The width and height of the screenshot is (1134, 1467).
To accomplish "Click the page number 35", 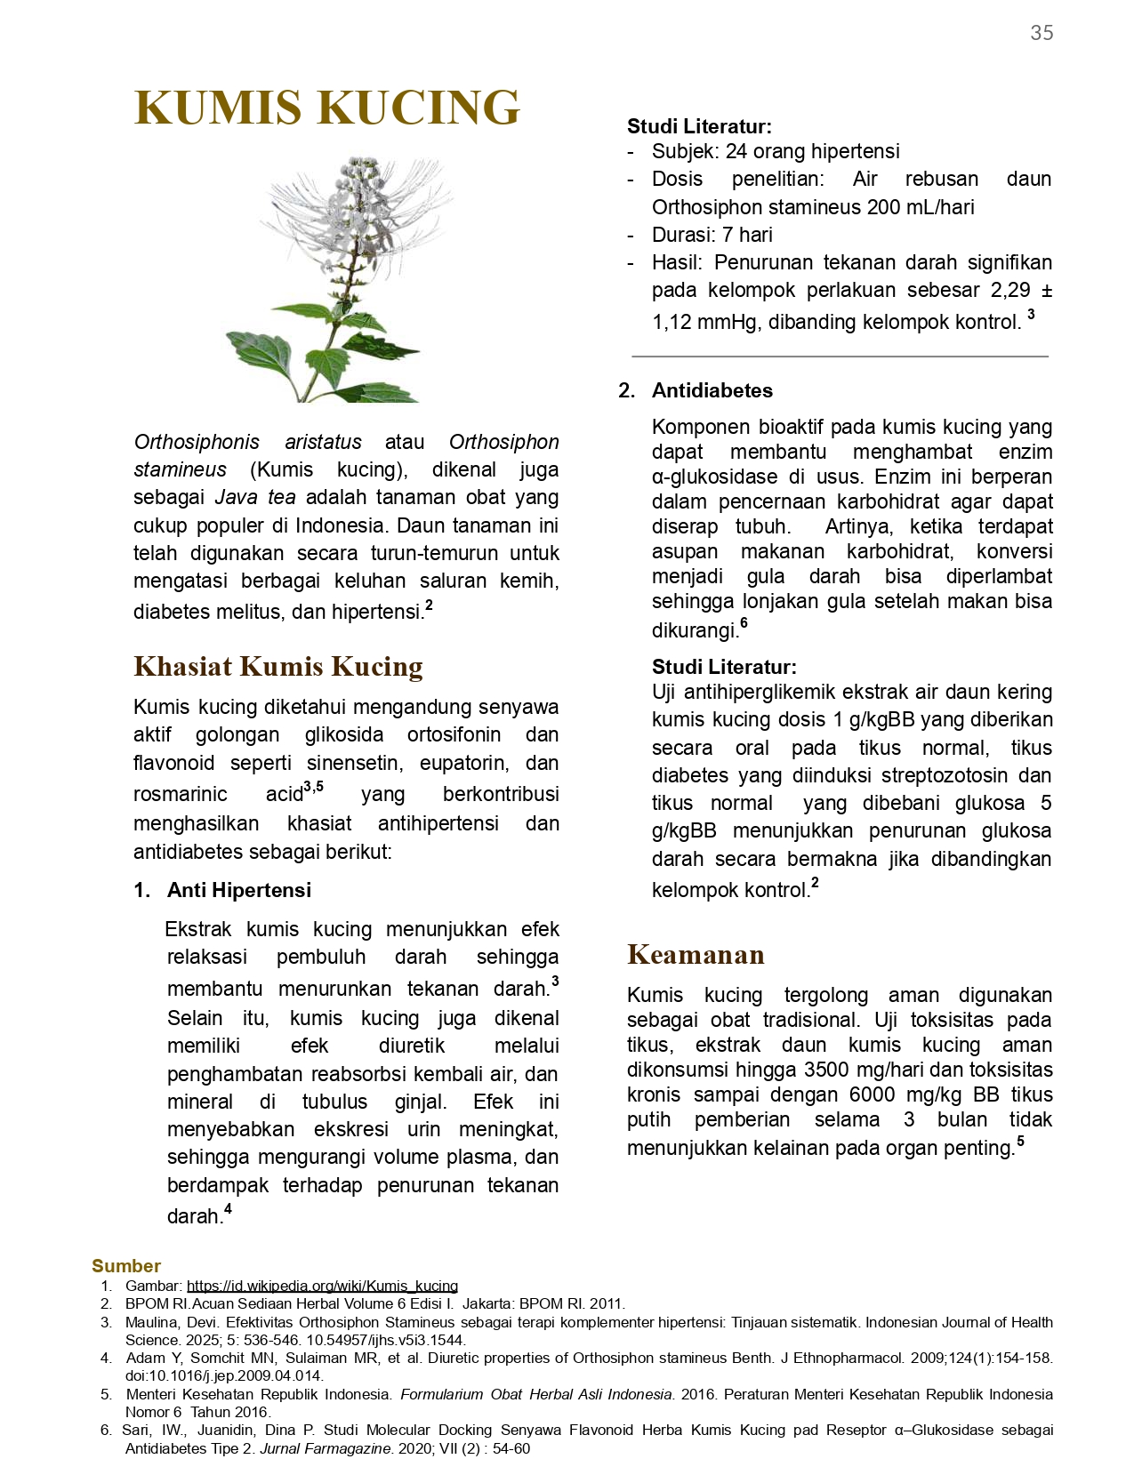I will pos(1042,33).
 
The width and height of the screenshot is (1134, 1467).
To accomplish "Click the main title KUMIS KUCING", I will pos(326,108).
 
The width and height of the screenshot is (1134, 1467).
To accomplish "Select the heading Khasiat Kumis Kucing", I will pos(277,666).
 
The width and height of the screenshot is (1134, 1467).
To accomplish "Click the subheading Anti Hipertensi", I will pos(238,890).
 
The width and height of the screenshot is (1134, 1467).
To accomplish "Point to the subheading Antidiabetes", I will pos(712,390).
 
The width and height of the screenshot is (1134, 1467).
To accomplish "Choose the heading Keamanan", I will pos(696,954).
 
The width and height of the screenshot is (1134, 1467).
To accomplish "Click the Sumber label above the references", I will pos(125,1266).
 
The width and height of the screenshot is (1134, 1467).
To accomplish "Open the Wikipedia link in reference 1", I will pos(322,1286).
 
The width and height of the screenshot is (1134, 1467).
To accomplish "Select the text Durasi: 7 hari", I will pos(712,235).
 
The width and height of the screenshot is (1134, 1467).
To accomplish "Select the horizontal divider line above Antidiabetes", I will pos(840,357).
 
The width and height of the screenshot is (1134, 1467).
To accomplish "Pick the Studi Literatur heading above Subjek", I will pos(699,126).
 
